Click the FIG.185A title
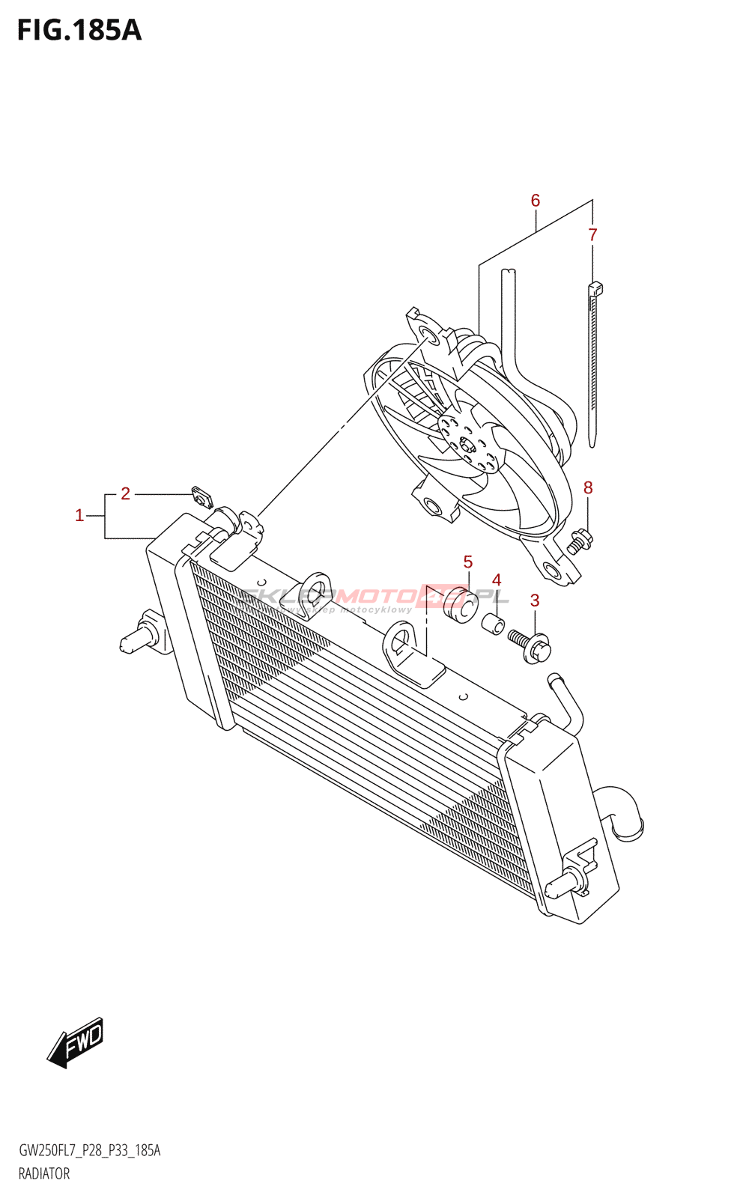click(x=79, y=30)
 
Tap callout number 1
click(x=79, y=515)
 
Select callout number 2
click(x=125, y=493)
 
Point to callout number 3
click(x=535, y=600)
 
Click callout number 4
click(x=496, y=580)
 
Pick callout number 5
click(x=467, y=562)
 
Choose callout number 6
click(x=536, y=201)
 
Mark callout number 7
click(x=592, y=235)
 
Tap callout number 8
click(x=588, y=488)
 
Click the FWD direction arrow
click(x=76, y=1042)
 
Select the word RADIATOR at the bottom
click(x=44, y=1173)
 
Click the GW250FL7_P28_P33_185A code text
click(x=89, y=1150)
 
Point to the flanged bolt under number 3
click(x=531, y=645)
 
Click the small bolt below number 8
click(x=579, y=541)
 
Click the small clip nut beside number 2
click(x=201, y=496)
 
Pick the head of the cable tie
click(x=596, y=288)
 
